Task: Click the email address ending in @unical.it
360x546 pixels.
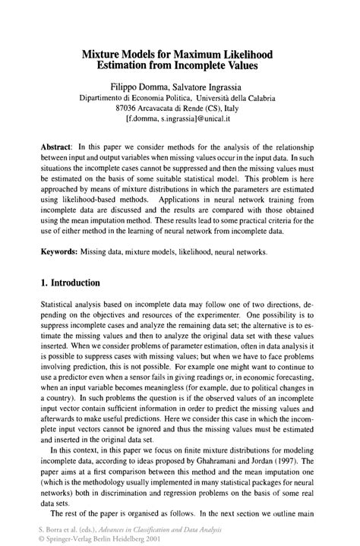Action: coord(180,120)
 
